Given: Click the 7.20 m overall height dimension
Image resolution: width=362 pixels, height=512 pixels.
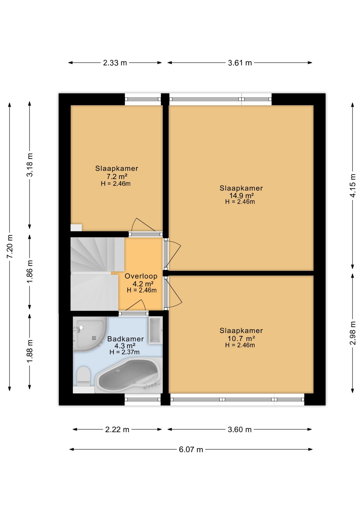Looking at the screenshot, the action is (x=10, y=246).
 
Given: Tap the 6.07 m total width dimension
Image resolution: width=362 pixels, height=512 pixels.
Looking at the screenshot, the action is (x=191, y=449).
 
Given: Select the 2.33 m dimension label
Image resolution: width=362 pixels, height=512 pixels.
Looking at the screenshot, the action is (x=115, y=63).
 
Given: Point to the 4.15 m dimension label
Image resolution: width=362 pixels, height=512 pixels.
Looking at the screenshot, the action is (x=352, y=185).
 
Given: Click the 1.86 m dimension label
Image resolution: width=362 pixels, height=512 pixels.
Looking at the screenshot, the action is (x=30, y=272).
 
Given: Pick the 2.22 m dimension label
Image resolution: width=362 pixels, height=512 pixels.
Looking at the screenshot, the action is (x=117, y=429).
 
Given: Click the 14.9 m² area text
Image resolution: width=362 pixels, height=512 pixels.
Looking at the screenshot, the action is (x=241, y=195).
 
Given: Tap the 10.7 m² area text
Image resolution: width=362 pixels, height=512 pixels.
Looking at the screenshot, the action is (x=241, y=338).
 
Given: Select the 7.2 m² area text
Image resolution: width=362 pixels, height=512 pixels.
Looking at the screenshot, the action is (x=117, y=176).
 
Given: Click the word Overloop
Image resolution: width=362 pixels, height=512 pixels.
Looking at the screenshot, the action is (x=141, y=276).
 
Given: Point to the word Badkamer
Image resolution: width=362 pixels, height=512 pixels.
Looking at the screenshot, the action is (x=125, y=339).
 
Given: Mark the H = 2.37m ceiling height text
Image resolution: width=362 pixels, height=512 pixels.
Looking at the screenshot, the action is (x=124, y=352).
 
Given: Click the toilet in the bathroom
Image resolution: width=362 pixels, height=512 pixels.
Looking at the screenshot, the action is (x=83, y=377).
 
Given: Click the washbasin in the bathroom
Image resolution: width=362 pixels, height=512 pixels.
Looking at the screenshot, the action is (x=155, y=330).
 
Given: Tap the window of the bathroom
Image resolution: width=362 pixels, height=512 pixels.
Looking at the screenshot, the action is (x=143, y=399).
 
